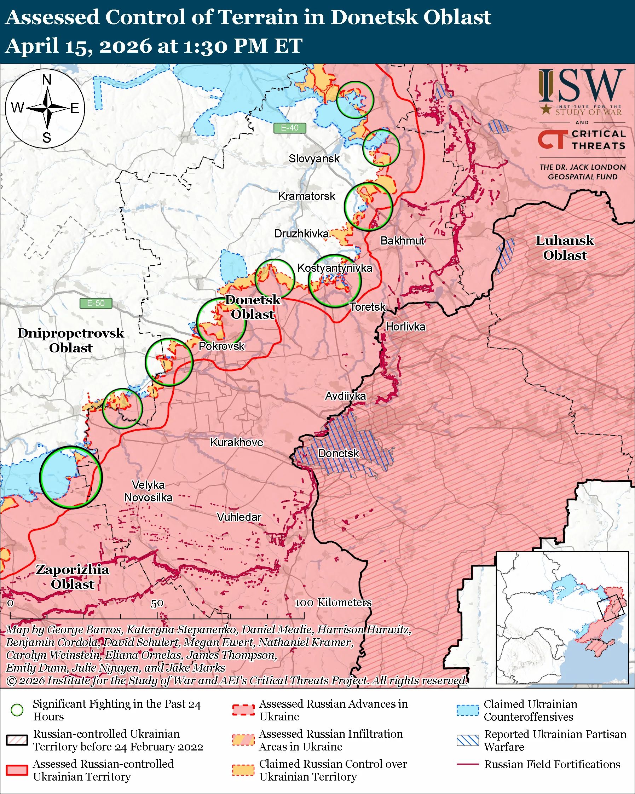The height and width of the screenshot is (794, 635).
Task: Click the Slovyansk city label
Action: (314, 159)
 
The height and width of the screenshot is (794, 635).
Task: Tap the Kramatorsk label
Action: (307, 196)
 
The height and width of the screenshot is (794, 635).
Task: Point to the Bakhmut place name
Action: (402, 241)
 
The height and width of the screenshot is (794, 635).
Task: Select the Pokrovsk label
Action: (221, 346)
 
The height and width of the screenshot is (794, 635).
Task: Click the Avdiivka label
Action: (345, 396)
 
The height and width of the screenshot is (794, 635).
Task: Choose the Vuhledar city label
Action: (239, 517)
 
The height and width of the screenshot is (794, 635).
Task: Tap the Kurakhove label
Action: (236, 442)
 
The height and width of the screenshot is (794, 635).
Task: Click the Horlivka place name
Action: (405, 327)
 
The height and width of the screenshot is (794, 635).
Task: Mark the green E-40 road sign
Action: (290, 128)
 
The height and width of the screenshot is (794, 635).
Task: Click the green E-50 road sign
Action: (96, 303)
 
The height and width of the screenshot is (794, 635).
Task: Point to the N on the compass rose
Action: (47, 80)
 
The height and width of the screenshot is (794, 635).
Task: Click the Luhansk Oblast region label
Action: (564, 247)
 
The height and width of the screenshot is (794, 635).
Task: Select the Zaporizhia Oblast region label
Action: (73, 576)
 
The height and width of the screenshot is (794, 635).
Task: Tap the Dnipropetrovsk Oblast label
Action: (71, 340)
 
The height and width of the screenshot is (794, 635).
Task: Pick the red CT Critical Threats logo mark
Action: (551, 140)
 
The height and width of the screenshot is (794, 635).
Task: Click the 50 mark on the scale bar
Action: (157, 603)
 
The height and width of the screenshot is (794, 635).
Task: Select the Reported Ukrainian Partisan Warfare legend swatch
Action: (468, 740)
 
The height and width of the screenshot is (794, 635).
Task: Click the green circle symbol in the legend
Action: (17, 710)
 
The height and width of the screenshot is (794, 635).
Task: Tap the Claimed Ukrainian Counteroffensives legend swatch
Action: (468, 710)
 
